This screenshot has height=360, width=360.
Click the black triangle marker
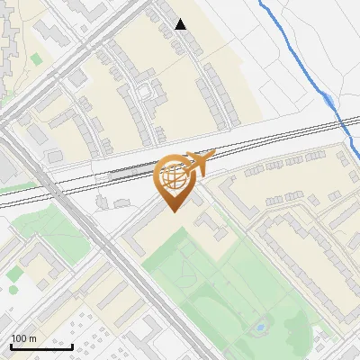(181, 24)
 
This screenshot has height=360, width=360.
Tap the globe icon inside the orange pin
(175, 176)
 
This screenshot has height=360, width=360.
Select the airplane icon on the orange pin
(199, 162)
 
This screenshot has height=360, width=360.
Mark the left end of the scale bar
(10, 346)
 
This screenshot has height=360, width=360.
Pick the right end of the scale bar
(72, 346)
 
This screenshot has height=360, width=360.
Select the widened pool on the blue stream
(329, 100)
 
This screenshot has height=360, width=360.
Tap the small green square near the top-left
(36, 59)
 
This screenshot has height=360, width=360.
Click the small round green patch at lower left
(15, 273)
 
